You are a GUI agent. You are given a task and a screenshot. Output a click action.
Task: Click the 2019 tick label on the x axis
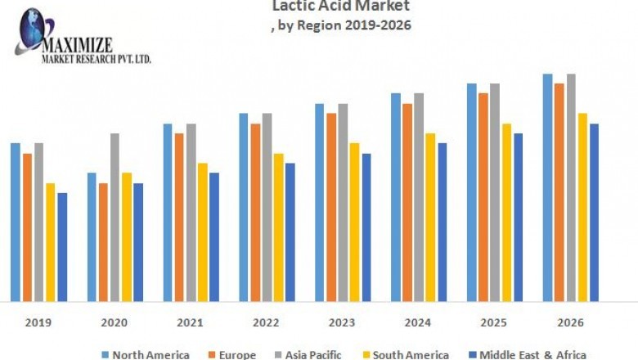tap(38, 322)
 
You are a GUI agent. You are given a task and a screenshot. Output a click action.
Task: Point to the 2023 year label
tap(343, 322)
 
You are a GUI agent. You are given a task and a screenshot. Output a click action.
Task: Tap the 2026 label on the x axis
tap(571, 322)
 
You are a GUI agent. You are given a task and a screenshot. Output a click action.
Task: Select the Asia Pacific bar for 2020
tap(115, 217)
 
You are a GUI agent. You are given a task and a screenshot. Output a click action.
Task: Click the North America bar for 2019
tap(15, 222)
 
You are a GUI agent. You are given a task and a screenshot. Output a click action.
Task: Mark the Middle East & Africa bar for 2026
tap(595, 212)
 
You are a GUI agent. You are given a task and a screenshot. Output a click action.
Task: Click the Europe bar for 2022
tap(255, 212)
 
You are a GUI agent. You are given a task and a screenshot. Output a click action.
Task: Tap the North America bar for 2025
tap(471, 191)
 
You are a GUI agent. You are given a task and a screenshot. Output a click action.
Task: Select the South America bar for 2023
tap(354, 222)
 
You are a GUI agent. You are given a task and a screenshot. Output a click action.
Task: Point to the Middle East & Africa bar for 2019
tap(62, 246)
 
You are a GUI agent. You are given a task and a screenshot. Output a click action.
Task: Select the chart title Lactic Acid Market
tap(341, 7)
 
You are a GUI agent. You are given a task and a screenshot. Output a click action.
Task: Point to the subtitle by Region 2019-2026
tap(341, 25)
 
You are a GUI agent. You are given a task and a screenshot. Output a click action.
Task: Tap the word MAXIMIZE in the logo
tap(78, 44)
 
